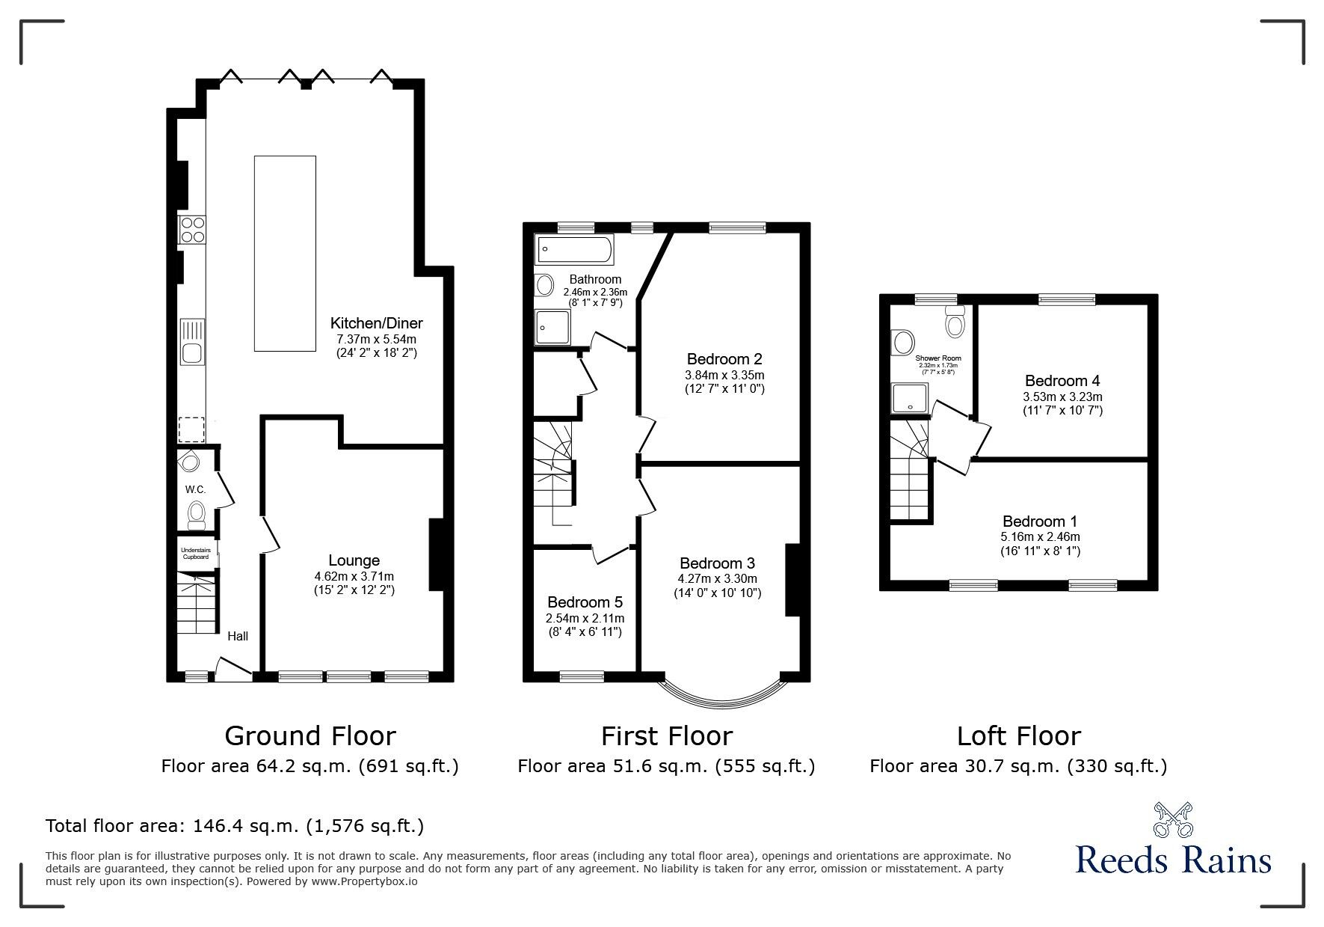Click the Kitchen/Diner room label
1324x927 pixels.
click(377, 323)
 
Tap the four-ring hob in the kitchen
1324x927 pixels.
click(191, 230)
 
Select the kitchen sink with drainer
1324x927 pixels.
click(192, 342)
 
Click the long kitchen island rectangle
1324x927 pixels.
click(285, 253)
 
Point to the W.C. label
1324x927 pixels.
click(195, 489)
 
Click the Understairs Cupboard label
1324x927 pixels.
click(196, 554)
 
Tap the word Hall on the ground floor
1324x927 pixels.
click(238, 636)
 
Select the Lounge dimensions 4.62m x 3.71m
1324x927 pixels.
click(354, 576)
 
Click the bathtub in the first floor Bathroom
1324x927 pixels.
click(574, 249)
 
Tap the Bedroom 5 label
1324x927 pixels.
click(585, 602)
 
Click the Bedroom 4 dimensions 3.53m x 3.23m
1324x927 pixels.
click(1062, 397)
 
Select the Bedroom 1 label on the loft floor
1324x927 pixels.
click(1040, 521)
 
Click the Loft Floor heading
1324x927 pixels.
click(1018, 736)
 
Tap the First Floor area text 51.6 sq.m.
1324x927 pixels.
click(665, 766)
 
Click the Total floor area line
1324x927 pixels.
click(235, 826)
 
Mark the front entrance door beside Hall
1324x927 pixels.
click(233, 669)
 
